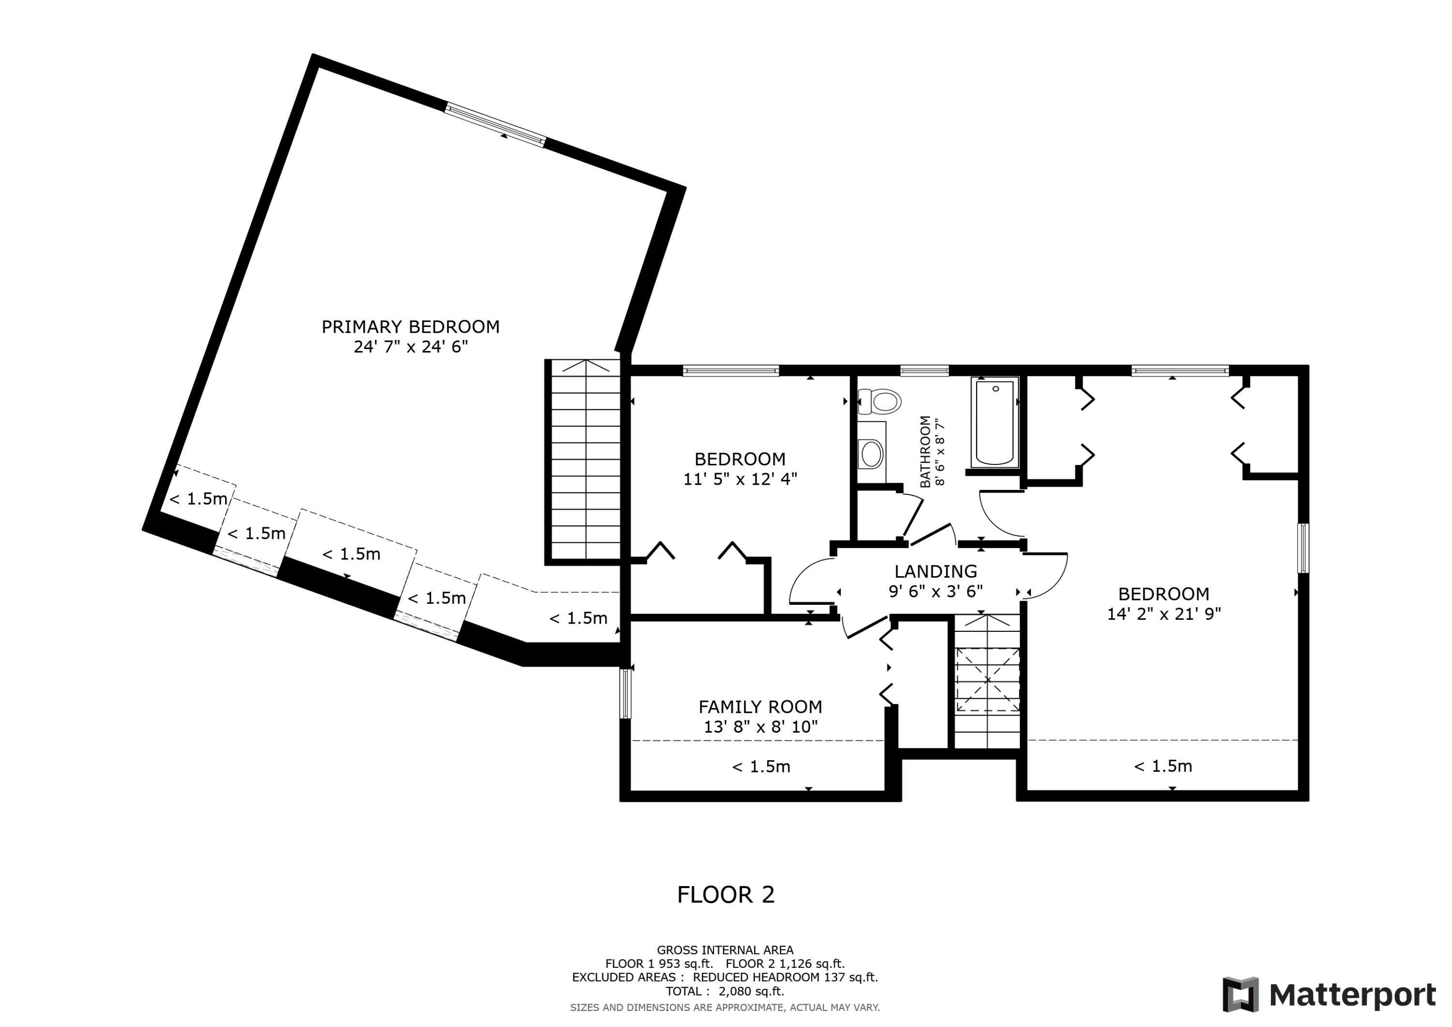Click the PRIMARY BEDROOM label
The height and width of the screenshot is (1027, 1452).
(410, 326)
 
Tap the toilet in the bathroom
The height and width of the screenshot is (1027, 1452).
(880, 401)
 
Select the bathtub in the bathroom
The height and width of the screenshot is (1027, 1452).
(995, 422)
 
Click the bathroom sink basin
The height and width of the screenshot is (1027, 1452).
(872, 454)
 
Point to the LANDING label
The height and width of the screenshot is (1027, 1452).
(935, 571)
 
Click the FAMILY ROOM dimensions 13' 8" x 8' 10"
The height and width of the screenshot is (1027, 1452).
(760, 726)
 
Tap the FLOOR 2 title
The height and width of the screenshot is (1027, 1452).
(726, 894)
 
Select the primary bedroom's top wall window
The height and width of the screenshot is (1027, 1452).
(495, 126)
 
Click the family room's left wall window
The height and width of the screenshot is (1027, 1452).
(625, 693)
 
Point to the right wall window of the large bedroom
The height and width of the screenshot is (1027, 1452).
(1303, 548)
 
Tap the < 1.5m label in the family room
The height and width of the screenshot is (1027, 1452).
(761, 767)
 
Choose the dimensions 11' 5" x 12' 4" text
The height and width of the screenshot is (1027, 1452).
(740, 479)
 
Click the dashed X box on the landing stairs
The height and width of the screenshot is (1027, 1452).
(987, 680)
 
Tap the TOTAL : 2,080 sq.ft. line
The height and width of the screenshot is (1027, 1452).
(725, 992)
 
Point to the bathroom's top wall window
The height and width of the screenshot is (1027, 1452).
(924, 371)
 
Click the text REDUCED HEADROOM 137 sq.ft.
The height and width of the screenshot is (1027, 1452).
(785, 978)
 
